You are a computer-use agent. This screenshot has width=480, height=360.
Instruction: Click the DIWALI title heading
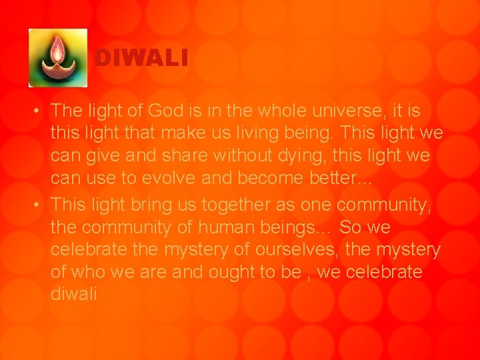[141, 59]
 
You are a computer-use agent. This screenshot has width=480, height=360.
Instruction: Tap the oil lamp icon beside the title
[58, 58]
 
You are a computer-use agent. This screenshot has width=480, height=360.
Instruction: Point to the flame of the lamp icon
[58, 47]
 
